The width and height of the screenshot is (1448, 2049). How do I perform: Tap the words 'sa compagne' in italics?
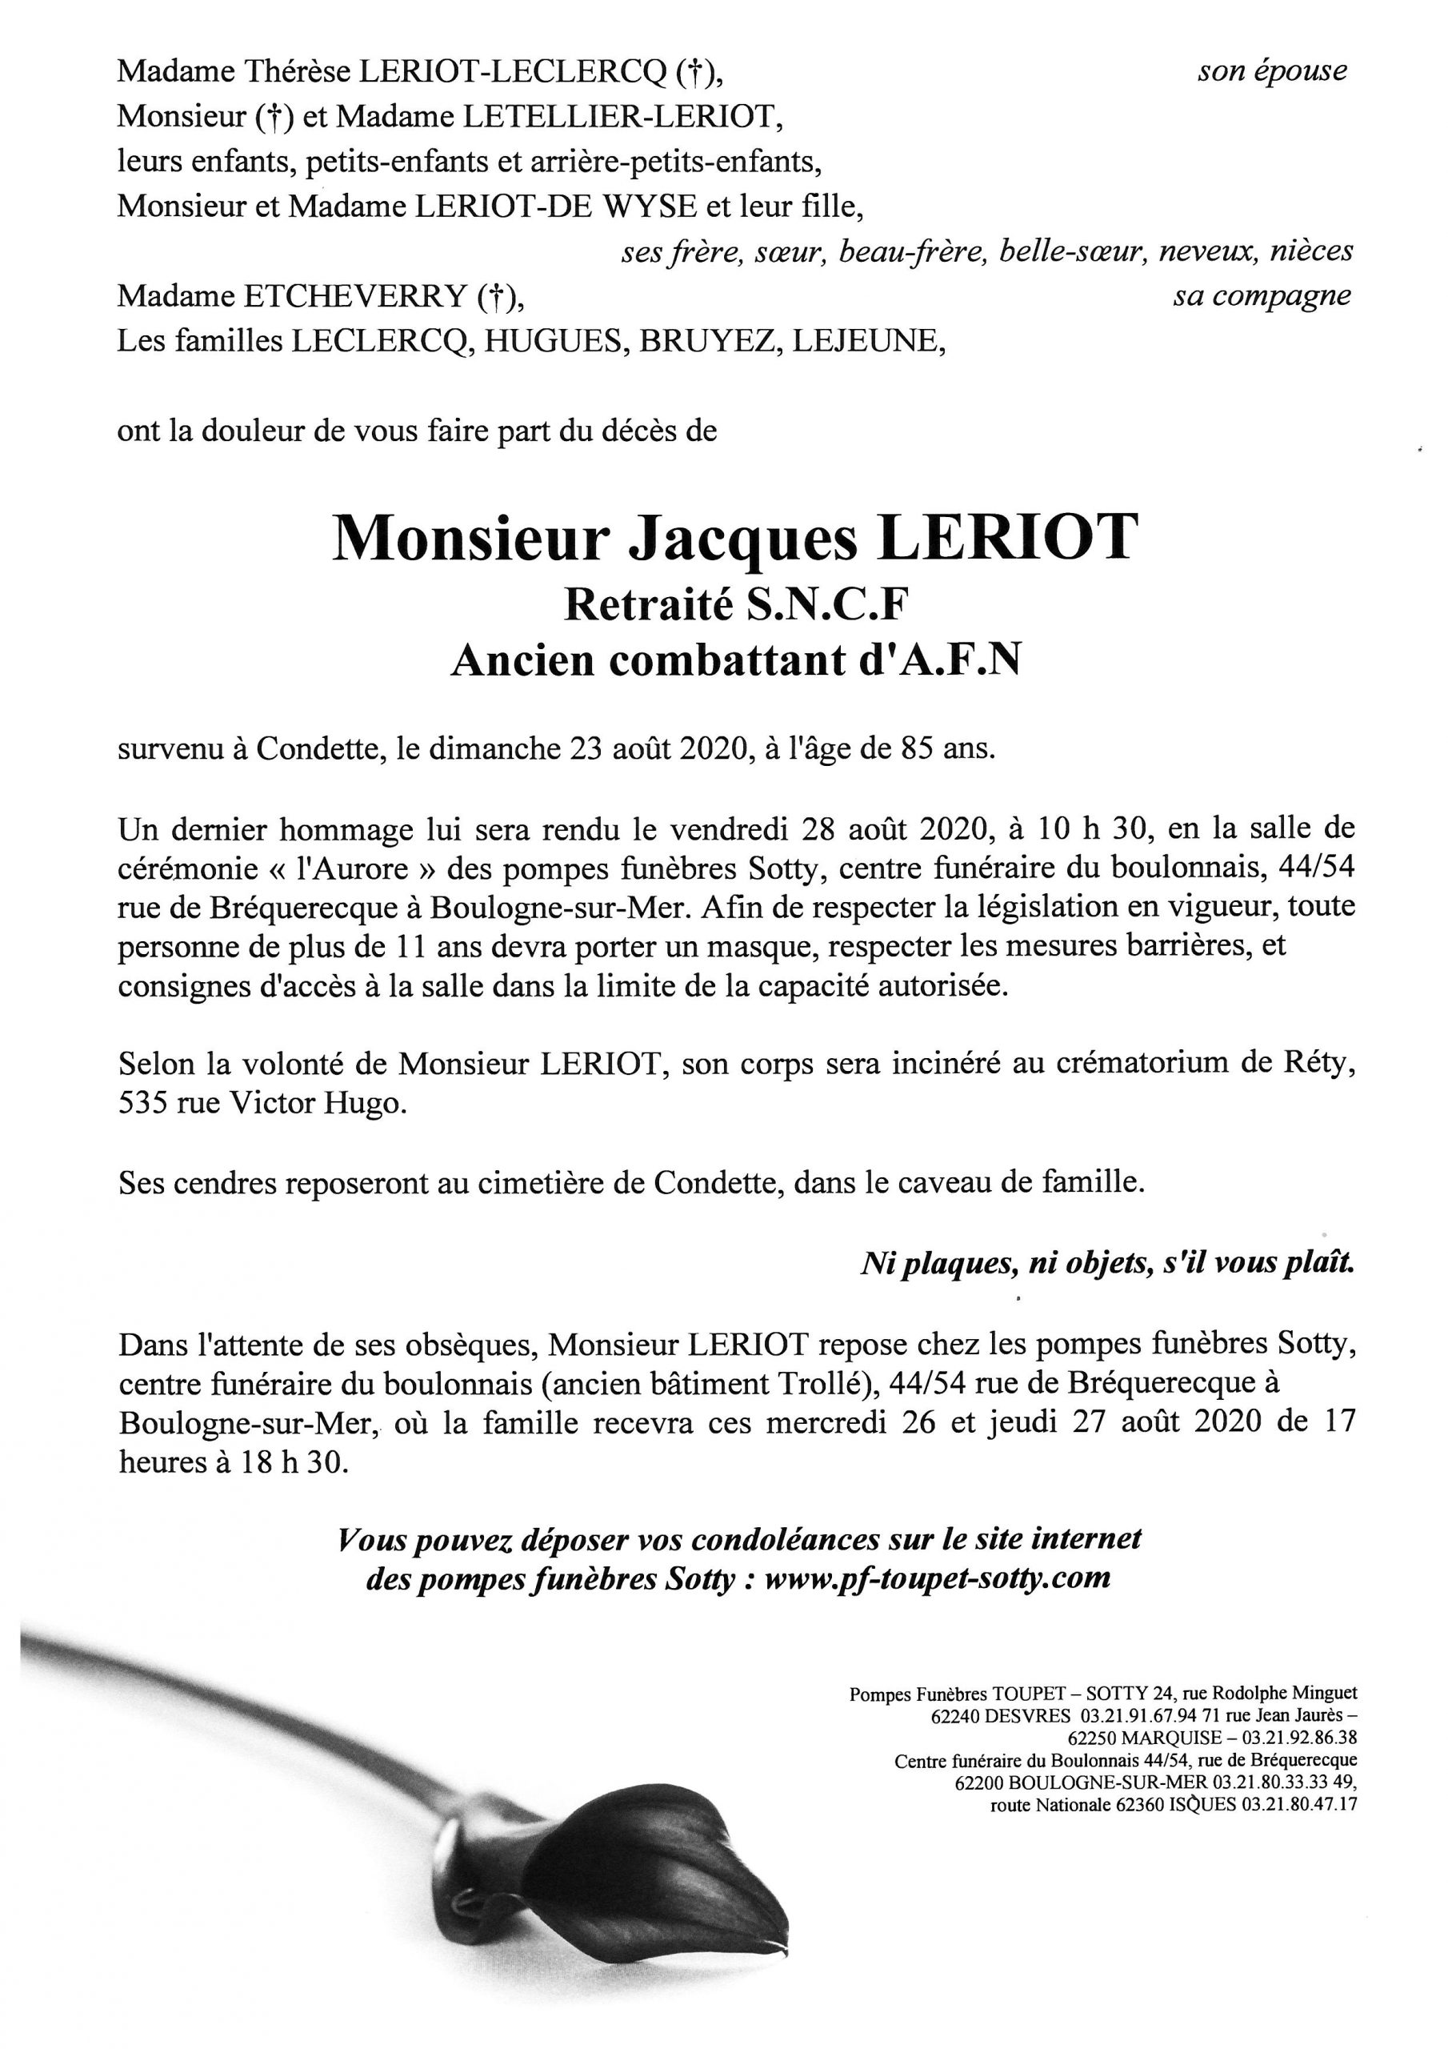point(1261,296)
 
